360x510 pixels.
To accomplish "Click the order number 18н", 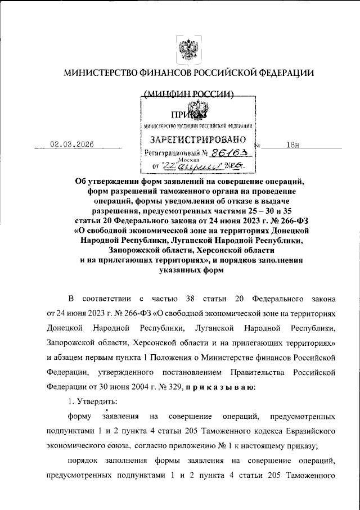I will [x=292, y=145].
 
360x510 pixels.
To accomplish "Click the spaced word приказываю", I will [x=220, y=387].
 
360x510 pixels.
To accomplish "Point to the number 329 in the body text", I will [x=174, y=387].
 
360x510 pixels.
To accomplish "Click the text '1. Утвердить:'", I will [x=92, y=402].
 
